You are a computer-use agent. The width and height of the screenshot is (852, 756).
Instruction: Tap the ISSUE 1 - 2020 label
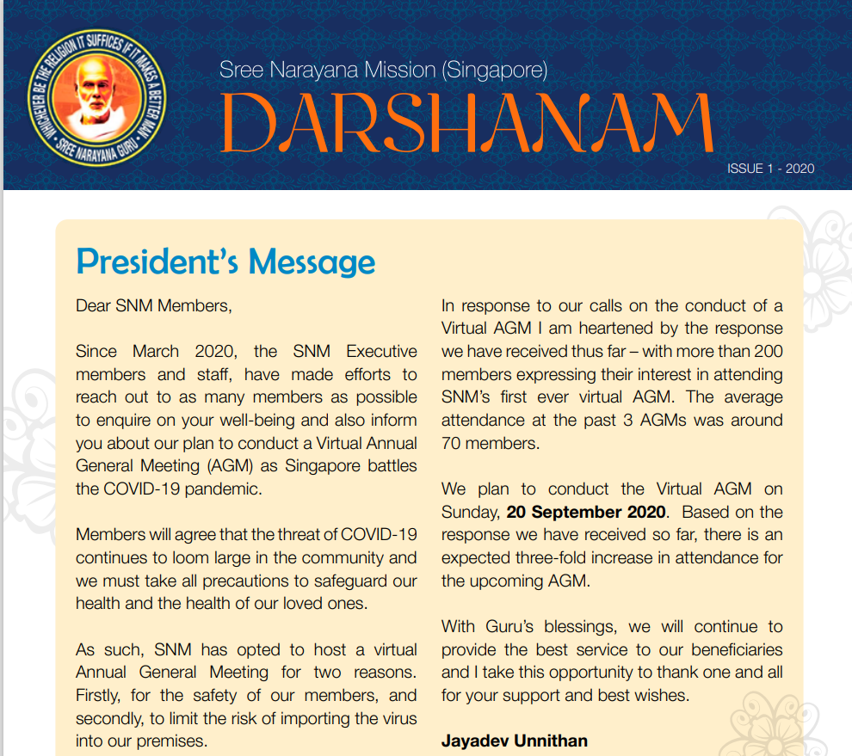(x=770, y=169)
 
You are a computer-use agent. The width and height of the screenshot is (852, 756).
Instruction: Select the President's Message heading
(x=225, y=261)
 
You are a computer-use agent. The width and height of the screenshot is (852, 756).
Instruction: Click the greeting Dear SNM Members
(x=154, y=305)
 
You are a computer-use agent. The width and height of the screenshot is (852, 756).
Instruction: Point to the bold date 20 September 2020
(x=585, y=512)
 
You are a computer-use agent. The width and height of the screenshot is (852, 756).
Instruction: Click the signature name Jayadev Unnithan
(x=515, y=741)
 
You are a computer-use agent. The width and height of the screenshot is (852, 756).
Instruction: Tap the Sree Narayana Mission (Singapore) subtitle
(x=383, y=70)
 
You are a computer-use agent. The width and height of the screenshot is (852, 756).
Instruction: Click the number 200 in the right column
(x=769, y=351)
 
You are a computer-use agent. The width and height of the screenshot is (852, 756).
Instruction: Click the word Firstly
(x=102, y=695)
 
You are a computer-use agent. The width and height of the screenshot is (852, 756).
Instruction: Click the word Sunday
(x=468, y=512)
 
